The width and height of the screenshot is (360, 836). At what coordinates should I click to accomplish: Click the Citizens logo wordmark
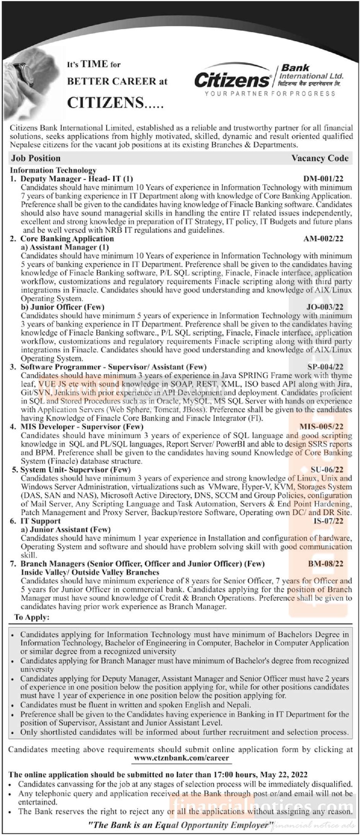pyautogui.click(x=232, y=80)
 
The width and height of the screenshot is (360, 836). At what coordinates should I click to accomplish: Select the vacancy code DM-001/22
pyautogui.click(x=323, y=179)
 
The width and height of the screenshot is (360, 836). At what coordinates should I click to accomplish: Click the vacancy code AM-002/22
pyautogui.click(x=323, y=239)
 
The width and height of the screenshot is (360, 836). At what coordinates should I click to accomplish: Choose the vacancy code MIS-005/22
pyautogui.click(x=321, y=427)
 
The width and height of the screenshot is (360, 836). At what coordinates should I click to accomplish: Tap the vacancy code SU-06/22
pyautogui.click(x=327, y=470)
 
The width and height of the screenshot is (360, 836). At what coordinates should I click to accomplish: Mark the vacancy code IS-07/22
pyautogui.click(x=328, y=521)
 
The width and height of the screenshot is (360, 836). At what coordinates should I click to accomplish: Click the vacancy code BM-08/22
pyautogui.click(x=325, y=564)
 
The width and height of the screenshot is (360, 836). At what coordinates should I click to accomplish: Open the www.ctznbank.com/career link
pyautogui.click(x=181, y=758)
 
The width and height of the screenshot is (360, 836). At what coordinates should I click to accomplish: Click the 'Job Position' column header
pyautogui.click(x=36, y=158)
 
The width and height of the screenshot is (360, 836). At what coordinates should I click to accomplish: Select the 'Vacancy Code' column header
pyautogui.click(x=320, y=158)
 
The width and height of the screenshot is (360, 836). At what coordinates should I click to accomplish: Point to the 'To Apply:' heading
pyautogui.click(x=32, y=617)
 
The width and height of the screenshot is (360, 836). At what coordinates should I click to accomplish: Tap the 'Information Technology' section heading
pyautogui.click(x=53, y=170)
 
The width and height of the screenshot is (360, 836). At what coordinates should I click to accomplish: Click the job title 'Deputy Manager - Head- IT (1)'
pyautogui.click(x=77, y=179)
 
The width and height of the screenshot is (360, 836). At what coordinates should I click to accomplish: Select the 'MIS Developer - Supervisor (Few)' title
pyautogui.click(x=82, y=427)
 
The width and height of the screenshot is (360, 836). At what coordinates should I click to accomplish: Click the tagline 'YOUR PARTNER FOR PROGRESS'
pyautogui.click(x=270, y=94)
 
